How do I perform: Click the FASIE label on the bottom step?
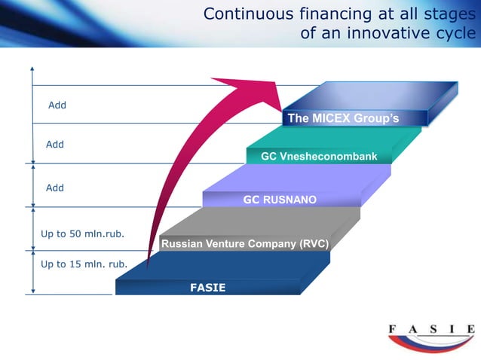[207, 288]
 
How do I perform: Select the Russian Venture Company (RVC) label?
[244, 244]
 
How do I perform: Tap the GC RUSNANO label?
[280, 200]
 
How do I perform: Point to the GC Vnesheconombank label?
[319, 156]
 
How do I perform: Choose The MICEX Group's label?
[343, 118]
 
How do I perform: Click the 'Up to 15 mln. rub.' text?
[84, 264]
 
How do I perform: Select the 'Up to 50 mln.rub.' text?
[82, 233]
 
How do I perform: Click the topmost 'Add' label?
[57, 105]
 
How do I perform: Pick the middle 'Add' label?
[55, 144]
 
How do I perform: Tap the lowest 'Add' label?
[55, 188]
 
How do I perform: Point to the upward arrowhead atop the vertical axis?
[32, 67]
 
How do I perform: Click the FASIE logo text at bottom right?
[430, 329]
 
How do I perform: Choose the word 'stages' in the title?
[449, 14]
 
